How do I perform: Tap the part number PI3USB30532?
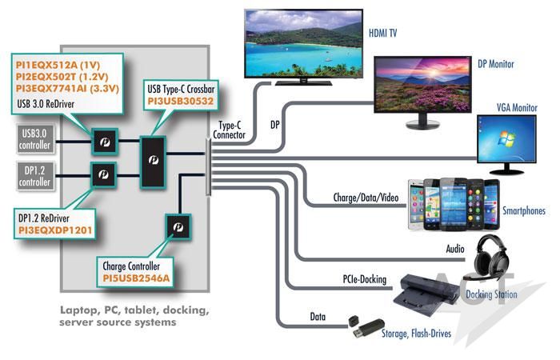coord(180,102)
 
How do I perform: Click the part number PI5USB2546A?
coord(136,278)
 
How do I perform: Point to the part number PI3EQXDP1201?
coord(55,230)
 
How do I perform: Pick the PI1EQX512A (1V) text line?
coord(58,65)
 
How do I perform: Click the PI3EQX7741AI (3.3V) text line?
coord(67,88)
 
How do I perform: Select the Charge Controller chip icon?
coord(178,226)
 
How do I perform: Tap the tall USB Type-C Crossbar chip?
coord(153,162)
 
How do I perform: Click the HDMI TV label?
coord(382,34)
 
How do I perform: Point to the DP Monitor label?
coord(496,64)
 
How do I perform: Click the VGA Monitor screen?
coord(506,139)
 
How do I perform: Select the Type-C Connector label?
coord(230,130)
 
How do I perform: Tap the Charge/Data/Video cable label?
coord(366,198)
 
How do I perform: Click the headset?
coord(490,257)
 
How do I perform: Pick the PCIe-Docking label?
coord(365,279)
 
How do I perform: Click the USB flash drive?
coord(367,327)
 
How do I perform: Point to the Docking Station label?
coord(491,294)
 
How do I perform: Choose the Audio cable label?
coord(455,249)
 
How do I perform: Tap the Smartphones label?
coord(524,210)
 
